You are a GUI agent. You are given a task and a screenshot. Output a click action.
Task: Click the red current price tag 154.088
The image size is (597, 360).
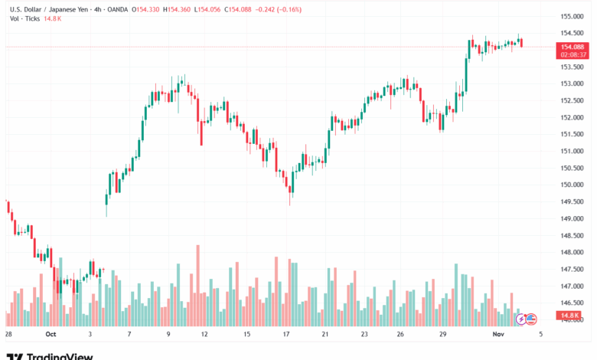click(x=573, y=47)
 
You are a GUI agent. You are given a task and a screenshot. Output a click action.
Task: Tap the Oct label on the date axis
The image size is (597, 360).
click(x=51, y=335)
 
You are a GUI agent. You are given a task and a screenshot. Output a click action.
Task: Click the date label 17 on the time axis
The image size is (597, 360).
click(x=286, y=335)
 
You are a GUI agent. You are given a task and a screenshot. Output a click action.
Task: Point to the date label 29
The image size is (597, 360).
click(x=443, y=335)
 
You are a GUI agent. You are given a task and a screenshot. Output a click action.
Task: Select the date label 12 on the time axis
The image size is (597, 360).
click(x=205, y=335)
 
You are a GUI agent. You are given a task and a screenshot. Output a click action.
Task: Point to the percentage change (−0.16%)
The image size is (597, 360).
click(x=287, y=9)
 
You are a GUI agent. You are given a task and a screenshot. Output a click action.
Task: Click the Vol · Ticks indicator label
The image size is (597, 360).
click(x=24, y=18)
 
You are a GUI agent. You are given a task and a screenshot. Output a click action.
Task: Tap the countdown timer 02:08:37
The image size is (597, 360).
click(x=573, y=54)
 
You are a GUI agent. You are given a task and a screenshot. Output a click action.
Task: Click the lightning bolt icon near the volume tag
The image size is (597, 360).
click(x=522, y=318)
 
